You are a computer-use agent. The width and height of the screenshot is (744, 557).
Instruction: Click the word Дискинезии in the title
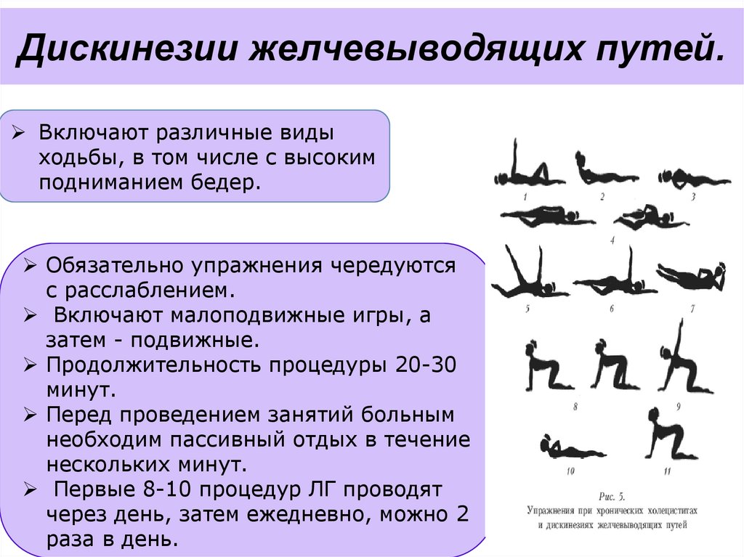[x=126, y=48]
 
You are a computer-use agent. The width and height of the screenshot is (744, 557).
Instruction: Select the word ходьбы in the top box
[x=76, y=158]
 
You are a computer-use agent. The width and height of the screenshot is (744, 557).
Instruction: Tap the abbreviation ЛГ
[x=320, y=489]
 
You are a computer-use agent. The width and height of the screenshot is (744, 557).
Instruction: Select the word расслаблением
[x=140, y=290]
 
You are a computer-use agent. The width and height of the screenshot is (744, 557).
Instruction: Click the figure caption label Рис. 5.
[x=612, y=497]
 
